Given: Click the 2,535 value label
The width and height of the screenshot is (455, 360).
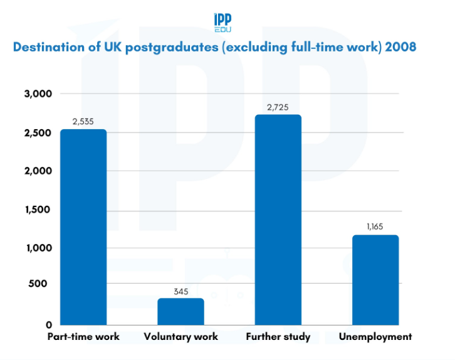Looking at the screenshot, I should (x=83, y=122).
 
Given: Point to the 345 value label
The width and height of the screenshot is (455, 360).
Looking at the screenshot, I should (x=180, y=291).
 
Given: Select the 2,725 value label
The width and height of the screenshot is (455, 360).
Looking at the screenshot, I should (x=278, y=107).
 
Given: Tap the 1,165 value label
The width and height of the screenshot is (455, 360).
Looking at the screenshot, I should (x=375, y=228).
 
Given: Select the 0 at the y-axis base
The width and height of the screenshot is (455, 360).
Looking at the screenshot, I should (x=48, y=324).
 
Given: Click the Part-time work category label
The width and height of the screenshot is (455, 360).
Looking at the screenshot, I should (x=83, y=337).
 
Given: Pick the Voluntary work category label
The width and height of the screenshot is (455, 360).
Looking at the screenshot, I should (x=180, y=337).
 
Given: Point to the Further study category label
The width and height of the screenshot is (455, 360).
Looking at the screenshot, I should (x=278, y=337).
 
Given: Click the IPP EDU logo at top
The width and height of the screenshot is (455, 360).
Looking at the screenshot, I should (x=222, y=21).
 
